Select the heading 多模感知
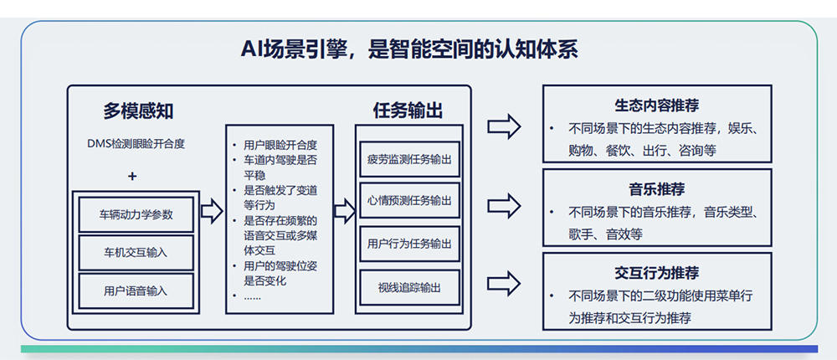138,111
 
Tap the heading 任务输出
408,111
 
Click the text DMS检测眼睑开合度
136,143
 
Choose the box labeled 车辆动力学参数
136,214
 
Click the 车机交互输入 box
136,252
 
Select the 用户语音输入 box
136,291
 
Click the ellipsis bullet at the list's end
253,296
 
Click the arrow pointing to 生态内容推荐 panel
505,126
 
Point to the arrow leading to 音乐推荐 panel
505,204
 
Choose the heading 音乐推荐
657,189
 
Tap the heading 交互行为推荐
657,273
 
